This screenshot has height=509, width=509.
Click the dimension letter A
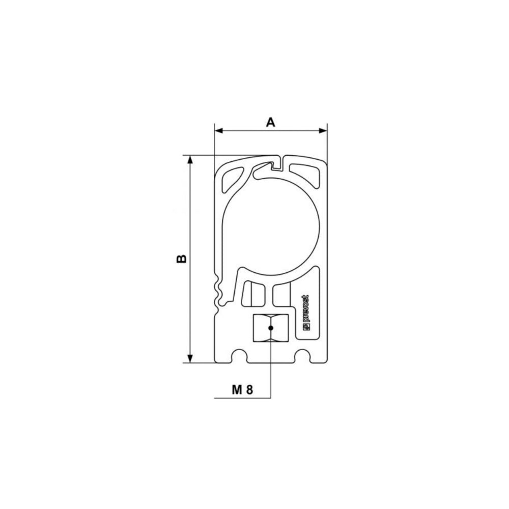click(x=271, y=122)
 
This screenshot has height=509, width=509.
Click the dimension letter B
click(x=181, y=259)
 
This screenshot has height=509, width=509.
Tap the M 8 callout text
click(x=242, y=390)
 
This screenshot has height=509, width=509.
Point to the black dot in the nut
click(x=271, y=328)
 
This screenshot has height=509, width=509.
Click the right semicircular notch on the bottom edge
click(x=304, y=354)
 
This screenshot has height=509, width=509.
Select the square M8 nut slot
click(x=271, y=328)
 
